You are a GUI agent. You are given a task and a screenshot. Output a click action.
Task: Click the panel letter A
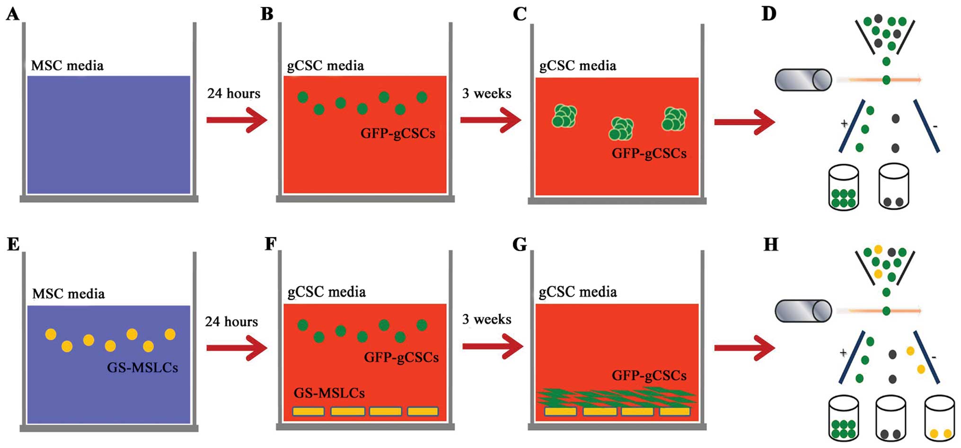pos(13,14)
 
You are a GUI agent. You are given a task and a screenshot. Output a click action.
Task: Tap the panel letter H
pos(771,245)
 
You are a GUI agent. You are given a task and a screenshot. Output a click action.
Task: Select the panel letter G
pos(520,245)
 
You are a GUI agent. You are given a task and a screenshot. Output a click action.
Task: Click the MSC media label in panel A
pos(67,65)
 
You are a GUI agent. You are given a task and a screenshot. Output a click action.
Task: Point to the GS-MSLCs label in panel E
pos(142,368)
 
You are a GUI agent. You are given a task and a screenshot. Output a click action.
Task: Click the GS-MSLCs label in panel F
pos(329,393)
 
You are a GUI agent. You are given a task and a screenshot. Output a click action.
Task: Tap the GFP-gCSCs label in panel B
pos(398,133)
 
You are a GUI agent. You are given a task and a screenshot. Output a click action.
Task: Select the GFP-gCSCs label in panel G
pos(649,376)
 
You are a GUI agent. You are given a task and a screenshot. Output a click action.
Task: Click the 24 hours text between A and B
pos(234,94)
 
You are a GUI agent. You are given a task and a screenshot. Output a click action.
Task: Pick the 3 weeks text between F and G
pos(487,320)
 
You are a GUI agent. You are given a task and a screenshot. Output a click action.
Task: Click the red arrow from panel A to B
pos(237,120)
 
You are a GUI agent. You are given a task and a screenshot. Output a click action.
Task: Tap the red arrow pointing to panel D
pos(744,122)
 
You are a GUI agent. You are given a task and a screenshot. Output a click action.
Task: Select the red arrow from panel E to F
pos(237,348)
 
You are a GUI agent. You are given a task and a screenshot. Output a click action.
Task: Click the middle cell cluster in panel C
pos(621,129)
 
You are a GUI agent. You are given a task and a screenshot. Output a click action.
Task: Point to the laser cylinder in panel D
pos(803,80)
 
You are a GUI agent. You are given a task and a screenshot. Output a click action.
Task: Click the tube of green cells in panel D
pos(844,187)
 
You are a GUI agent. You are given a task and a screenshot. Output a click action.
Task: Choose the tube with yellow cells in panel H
pos(940,418)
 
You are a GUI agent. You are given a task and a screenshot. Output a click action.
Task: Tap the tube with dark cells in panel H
pos(890,418)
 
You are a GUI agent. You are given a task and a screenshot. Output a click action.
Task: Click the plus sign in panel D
pos(844,123)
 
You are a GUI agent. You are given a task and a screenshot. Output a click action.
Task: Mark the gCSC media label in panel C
pos(578,66)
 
